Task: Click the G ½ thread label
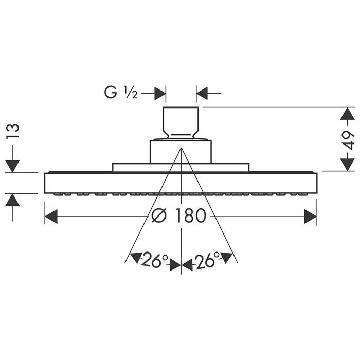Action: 121,92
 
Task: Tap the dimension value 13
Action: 12,131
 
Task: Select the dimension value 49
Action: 348,140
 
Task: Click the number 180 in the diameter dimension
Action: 190,216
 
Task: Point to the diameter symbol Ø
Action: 159,216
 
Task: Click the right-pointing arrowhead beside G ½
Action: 160,94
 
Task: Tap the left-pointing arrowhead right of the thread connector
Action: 202,94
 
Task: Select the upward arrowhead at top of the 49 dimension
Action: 347,114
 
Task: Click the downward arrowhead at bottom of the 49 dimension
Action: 347,165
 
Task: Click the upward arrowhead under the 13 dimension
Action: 12,200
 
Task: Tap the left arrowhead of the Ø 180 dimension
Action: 51,216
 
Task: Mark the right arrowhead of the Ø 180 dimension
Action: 310,216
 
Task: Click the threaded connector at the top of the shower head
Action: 181,123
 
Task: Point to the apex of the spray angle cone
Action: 182,148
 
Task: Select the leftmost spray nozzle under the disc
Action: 59,194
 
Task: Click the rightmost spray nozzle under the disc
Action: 303,194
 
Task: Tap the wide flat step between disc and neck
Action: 181,167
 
